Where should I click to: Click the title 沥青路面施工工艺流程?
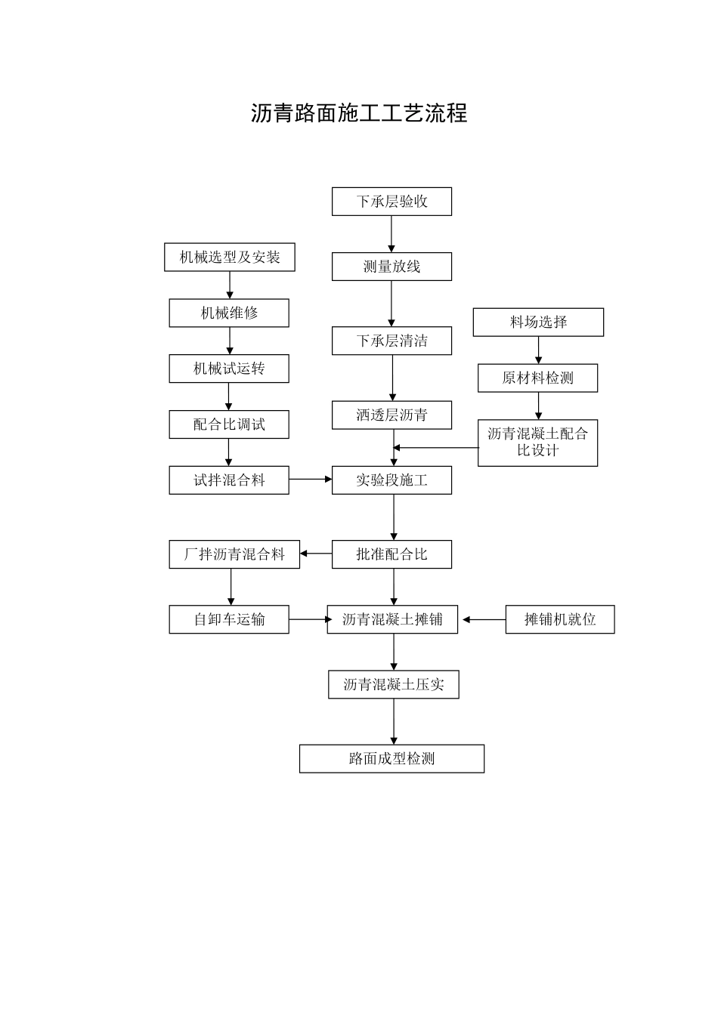[359, 113]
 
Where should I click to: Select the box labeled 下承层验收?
[391, 202]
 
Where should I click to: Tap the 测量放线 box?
[391, 267]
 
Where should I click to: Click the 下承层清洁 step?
[391, 341]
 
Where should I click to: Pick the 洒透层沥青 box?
[391, 415]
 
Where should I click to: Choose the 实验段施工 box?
[391, 480]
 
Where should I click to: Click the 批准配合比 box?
[391, 554]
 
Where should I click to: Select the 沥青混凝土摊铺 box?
[392, 619]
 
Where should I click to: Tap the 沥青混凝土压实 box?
[393, 685]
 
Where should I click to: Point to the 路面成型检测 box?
[391, 759]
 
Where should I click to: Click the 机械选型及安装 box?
[230, 258]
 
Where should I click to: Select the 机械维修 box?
[229, 313]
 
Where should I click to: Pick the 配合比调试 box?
[229, 424]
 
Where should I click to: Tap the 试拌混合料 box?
[229, 480]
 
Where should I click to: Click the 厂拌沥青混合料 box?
[234, 554]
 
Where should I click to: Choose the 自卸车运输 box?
[229, 619]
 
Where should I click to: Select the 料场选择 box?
[538, 322]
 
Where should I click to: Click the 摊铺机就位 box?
[560, 619]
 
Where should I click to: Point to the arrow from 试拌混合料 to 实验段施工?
[311, 480]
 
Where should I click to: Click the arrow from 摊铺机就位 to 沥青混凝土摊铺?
[484, 619]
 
